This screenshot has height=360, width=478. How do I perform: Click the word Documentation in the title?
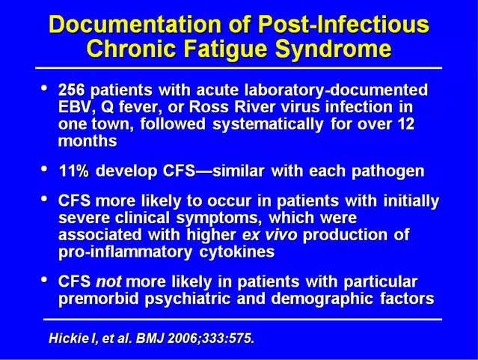pyautogui.click(x=135, y=24)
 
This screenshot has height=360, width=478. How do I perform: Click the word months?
pyautogui.click(x=88, y=141)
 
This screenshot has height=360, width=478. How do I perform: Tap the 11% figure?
pyautogui.click(x=74, y=171)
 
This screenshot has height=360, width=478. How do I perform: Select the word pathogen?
pyautogui.click(x=387, y=171)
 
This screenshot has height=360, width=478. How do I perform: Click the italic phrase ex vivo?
pyautogui.click(x=269, y=235)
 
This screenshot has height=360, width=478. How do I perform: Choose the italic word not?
pyautogui.click(x=108, y=281)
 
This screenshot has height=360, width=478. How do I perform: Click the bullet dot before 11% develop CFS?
pyautogui.click(x=44, y=168)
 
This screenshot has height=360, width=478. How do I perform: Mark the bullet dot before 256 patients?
pyautogui.click(x=44, y=88)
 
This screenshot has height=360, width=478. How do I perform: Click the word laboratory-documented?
pyautogui.click(x=337, y=91)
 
